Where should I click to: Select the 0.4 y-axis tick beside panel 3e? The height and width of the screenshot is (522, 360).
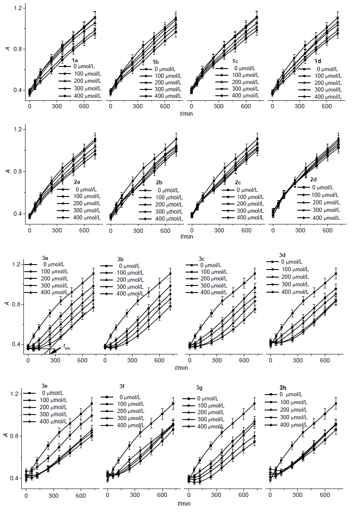pyautogui.click(x=18, y=478)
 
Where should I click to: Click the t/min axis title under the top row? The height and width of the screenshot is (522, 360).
pyautogui.click(x=186, y=113)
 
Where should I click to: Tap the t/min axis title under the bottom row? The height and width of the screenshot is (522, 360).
pyautogui.click(x=184, y=504)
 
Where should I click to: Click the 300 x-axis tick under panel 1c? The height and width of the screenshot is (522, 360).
pyautogui.click(x=219, y=107)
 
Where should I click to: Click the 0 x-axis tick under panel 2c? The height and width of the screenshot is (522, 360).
pyautogui.click(x=192, y=230)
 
